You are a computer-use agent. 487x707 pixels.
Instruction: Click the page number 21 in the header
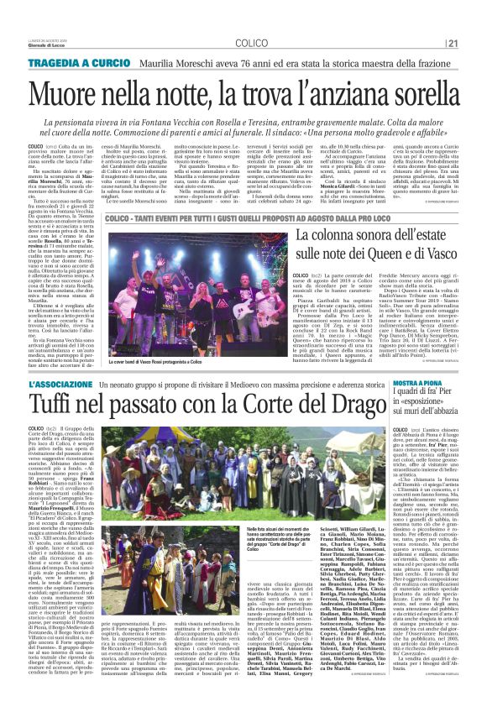(453, 43)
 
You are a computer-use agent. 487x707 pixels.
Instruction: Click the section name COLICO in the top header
(251, 43)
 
